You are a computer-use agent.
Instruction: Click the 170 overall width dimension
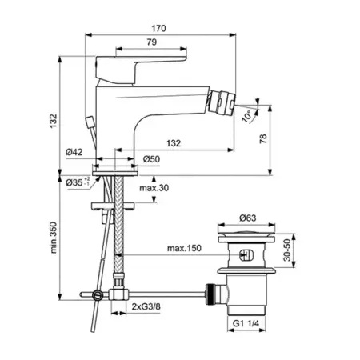click(x=158, y=28)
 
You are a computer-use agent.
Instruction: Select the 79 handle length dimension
click(x=152, y=42)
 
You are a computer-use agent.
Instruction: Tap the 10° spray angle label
click(x=246, y=116)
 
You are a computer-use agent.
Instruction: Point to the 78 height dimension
click(x=263, y=138)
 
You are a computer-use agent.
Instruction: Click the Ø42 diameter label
click(x=74, y=152)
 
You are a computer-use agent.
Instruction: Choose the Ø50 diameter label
click(x=151, y=159)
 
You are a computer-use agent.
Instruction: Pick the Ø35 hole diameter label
click(x=78, y=182)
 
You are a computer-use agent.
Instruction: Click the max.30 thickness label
click(x=154, y=188)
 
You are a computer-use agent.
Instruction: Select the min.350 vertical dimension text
click(x=54, y=238)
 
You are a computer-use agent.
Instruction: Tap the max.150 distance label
click(x=184, y=248)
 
